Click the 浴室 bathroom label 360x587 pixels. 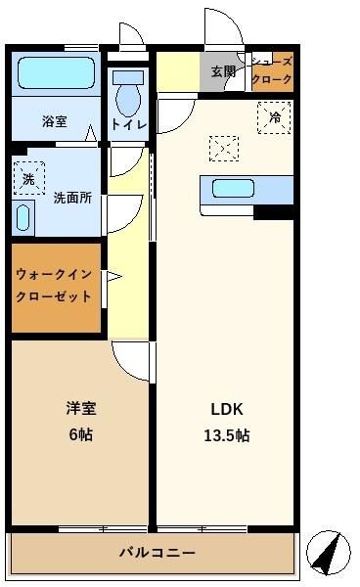(55, 121)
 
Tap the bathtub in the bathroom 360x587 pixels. (56, 73)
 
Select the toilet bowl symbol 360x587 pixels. (128, 94)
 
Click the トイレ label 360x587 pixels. (128, 124)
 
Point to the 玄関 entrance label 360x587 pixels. (223, 71)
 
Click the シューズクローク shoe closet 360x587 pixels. (272, 71)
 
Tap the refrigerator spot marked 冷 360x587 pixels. (274, 117)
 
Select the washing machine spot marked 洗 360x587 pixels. (28, 178)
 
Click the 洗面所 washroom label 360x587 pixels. (72, 198)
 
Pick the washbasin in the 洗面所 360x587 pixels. (23, 218)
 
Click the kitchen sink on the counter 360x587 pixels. (233, 188)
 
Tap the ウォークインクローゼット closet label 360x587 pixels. (54, 286)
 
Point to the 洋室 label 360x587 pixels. (81, 408)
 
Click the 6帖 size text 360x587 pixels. (81, 434)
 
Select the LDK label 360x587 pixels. (227, 409)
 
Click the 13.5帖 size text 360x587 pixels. (227, 435)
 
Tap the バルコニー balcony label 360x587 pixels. (157, 552)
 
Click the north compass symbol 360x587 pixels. (329, 552)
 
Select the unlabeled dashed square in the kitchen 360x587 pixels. (224, 149)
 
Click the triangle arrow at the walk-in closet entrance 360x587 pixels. (114, 277)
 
